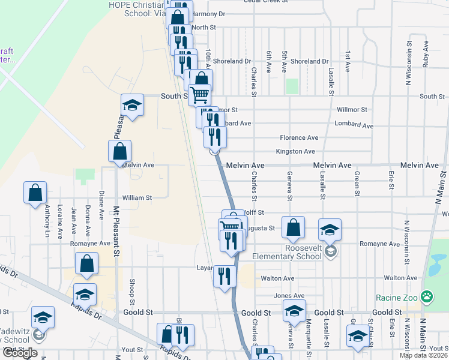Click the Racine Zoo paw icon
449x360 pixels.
click(427, 296)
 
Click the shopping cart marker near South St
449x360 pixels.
click(199, 95)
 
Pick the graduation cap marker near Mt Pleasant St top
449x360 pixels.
click(132, 106)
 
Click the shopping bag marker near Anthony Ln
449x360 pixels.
click(35, 193)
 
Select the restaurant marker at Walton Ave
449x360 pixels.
click(224, 277)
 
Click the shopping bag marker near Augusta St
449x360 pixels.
click(292, 227)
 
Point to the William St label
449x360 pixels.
click(137, 197)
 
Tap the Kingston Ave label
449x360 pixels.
click(295, 152)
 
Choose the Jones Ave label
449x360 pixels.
click(289, 296)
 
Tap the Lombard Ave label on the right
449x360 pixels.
click(355, 126)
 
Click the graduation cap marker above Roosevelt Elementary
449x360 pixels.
click(330, 230)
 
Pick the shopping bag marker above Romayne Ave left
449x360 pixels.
click(87, 263)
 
